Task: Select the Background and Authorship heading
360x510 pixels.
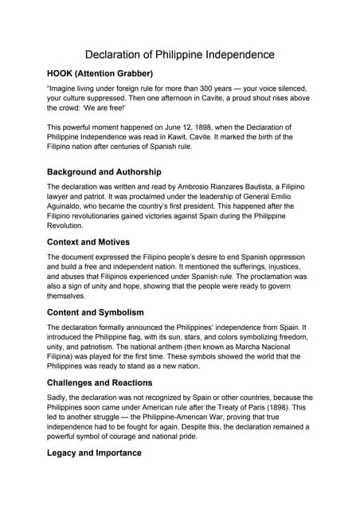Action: click(104, 171)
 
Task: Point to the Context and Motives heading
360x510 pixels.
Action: click(88, 242)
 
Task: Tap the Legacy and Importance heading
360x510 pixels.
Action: click(94, 453)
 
